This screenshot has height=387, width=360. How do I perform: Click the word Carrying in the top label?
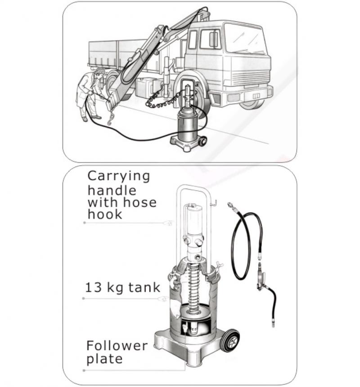tap(119, 177)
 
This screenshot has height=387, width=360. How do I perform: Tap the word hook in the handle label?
tap(105, 214)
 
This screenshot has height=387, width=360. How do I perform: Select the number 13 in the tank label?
tap(94, 287)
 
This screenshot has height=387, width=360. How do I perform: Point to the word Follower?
tap(117, 346)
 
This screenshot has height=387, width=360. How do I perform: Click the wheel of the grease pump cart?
tap(230, 340)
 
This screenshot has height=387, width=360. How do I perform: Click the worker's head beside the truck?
tap(99, 72)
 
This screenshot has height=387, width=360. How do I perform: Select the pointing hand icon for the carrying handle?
tap(168, 223)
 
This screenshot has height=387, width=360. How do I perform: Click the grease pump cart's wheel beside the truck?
tap(203, 142)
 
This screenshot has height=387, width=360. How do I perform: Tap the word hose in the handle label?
tap(140, 202)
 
